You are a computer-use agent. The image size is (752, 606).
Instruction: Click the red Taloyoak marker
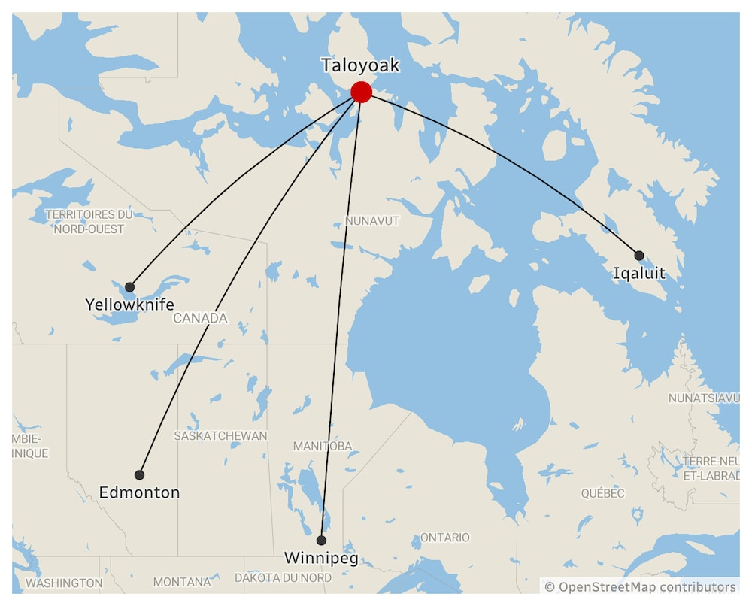(361, 92)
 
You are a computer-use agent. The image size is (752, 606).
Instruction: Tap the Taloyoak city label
(360, 65)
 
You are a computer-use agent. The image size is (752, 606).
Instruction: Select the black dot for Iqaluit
(639, 256)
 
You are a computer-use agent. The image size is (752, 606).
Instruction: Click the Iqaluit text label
(639, 274)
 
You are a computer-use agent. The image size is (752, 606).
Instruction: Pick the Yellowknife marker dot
(130, 287)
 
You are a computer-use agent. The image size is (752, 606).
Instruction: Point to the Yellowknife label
(129, 305)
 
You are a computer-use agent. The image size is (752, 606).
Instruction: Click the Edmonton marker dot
(139, 475)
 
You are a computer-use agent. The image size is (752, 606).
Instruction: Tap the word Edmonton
(139, 493)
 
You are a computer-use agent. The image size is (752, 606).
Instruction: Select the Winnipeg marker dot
(321, 541)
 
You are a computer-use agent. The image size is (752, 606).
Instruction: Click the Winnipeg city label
(321, 559)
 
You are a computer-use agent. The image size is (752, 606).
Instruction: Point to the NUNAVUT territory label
(372, 221)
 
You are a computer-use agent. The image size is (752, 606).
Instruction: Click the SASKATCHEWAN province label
(220, 436)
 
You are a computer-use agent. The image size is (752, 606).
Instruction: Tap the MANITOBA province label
(323, 447)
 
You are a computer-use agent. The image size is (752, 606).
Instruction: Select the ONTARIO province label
(444, 538)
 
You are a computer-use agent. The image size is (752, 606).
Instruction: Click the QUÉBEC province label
(602, 494)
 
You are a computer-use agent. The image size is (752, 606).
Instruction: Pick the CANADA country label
(200, 319)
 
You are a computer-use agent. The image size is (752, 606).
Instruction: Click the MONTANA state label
(182, 582)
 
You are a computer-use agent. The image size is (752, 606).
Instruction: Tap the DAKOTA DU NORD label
(283, 578)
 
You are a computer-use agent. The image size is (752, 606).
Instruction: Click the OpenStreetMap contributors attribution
(641, 586)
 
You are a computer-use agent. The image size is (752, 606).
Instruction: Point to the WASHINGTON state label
(64, 583)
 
